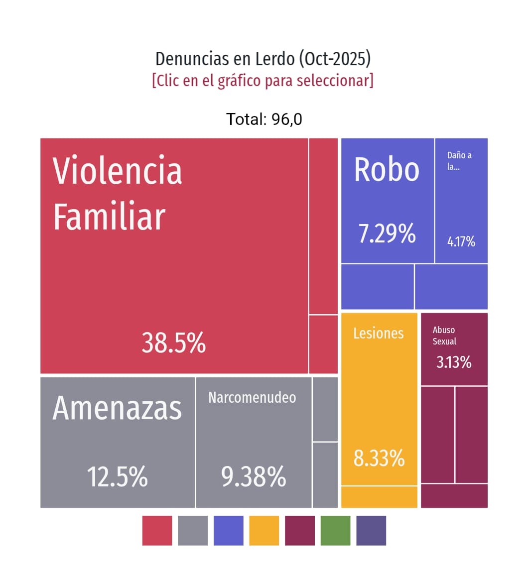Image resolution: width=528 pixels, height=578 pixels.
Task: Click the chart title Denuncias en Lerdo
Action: (x=263, y=59)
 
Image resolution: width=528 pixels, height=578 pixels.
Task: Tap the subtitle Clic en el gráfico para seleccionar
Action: (x=263, y=80)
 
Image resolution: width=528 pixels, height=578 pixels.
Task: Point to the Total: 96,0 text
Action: (x=264, y=119)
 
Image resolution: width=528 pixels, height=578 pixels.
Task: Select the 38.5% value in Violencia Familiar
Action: (x=173, y=343)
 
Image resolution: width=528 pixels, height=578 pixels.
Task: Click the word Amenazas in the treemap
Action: (x=118, y=408)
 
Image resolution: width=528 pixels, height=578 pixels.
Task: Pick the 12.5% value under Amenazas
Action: (x=118, y=476)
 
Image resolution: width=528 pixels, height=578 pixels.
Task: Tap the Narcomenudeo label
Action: (x=252, y=397)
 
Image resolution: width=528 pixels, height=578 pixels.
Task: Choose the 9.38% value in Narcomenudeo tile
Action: (x=254, y=476)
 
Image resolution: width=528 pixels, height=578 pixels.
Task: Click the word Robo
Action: (x=387, y=170)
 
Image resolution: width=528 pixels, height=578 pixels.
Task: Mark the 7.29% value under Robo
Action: (x=387, y=233)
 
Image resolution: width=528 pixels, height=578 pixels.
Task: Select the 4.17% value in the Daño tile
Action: (x=461, y=242)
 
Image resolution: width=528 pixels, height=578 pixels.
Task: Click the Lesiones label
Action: (x=379, y=333)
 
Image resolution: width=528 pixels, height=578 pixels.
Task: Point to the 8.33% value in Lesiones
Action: (x=379, y=458)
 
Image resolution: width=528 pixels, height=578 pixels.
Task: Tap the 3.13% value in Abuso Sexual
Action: (x=454, y=362)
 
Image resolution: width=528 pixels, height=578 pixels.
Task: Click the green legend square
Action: (x=335, y=531)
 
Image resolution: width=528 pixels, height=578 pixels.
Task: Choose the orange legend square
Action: (x=264, y=531)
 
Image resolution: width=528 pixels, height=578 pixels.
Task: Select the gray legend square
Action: (x=193, y=531)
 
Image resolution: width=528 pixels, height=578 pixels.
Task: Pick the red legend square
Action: (x=157, y=531)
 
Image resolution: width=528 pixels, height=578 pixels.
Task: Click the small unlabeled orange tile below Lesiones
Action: (x=379, y=497)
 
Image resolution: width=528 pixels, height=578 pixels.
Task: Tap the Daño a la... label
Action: (x=459, y=161)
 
